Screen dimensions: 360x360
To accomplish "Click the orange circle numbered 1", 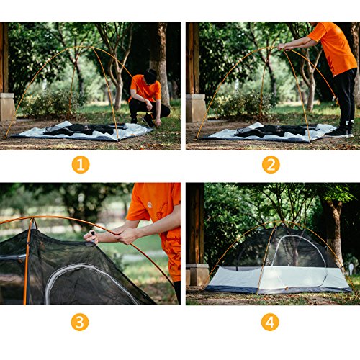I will click(81, 164).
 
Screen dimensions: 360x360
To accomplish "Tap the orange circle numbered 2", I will click(270, 164).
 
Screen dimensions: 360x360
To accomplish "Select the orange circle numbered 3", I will click(81, 322).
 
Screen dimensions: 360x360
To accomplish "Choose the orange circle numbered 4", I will click(270, 322).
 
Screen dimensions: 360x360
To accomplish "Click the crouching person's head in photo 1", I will click(150, 76).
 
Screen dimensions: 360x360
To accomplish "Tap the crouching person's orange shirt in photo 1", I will click(147, 90).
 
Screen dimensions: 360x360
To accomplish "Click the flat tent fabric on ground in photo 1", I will click(79, 131).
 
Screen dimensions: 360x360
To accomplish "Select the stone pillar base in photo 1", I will click(6, 106).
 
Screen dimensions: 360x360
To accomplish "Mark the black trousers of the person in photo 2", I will click(343, 97).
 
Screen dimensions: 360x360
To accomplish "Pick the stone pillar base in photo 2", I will click(195, 107).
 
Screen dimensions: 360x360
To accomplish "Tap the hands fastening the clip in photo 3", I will click(108, 235).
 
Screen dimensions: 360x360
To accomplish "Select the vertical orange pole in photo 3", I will click(28, 266).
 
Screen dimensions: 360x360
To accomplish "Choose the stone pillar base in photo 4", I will click(196, 274).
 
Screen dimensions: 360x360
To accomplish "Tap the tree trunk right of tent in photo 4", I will click(333, 230).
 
